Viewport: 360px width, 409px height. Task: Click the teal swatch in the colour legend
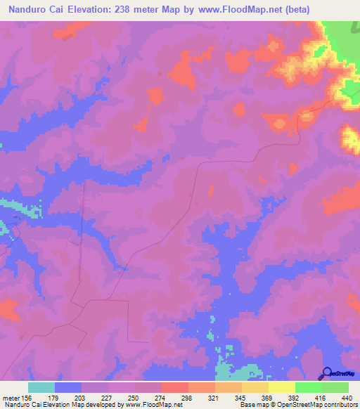coord(41,387)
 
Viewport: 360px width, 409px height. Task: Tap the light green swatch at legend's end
coord(335,387)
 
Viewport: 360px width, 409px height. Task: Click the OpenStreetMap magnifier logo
coord(327,374)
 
